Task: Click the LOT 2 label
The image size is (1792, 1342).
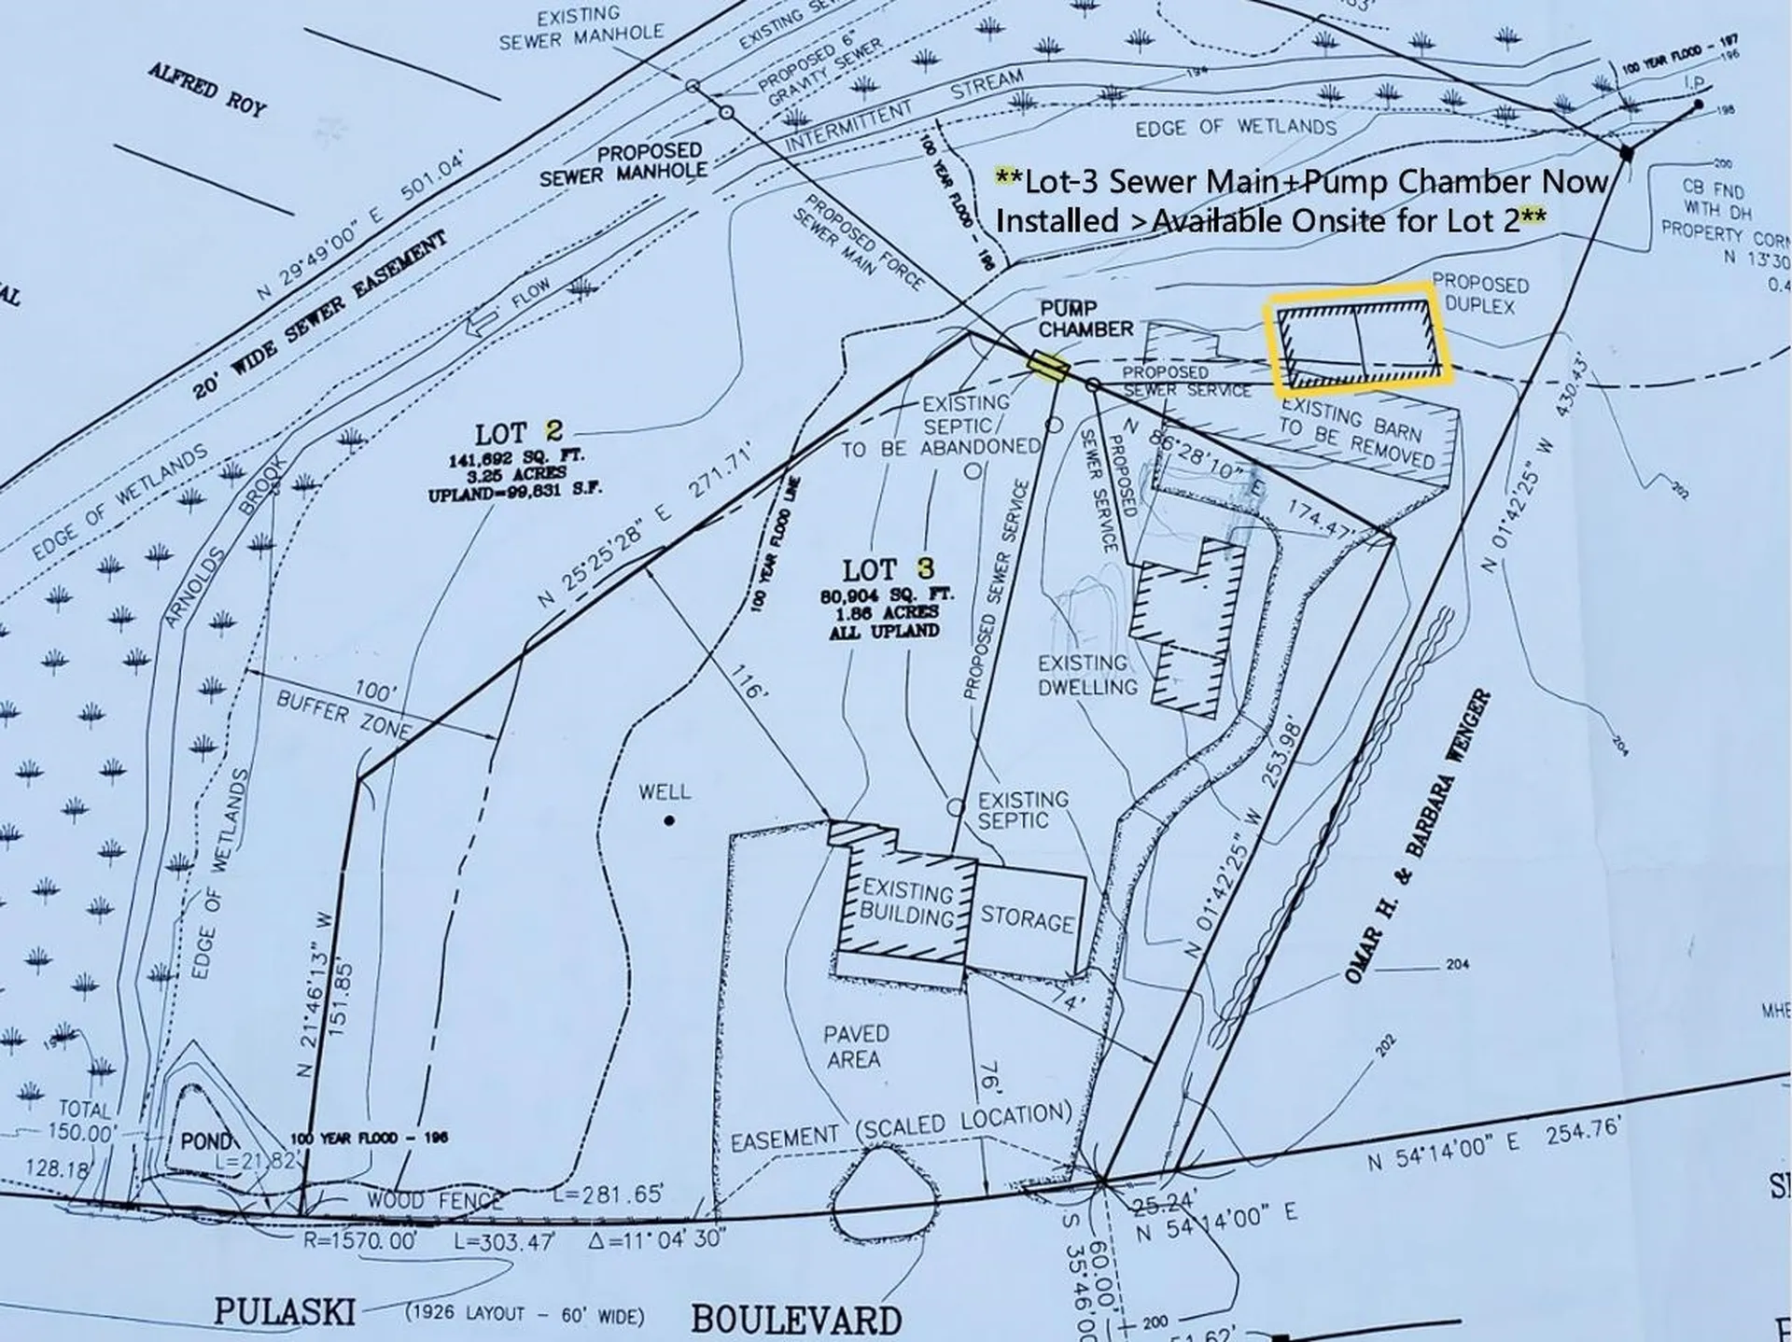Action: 519,433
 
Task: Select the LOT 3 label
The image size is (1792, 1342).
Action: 888,569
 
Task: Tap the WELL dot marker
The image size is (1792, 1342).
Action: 669,821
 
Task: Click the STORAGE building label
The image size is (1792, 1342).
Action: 1027,919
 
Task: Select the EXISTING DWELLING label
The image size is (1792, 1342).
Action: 1087,675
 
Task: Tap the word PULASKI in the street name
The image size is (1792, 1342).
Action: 284,1310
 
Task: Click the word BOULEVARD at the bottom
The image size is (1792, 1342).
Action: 796,1320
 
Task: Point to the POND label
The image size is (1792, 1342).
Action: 204,1141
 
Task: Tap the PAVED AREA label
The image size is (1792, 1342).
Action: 855,1046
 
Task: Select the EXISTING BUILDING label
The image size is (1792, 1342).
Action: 907,902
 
